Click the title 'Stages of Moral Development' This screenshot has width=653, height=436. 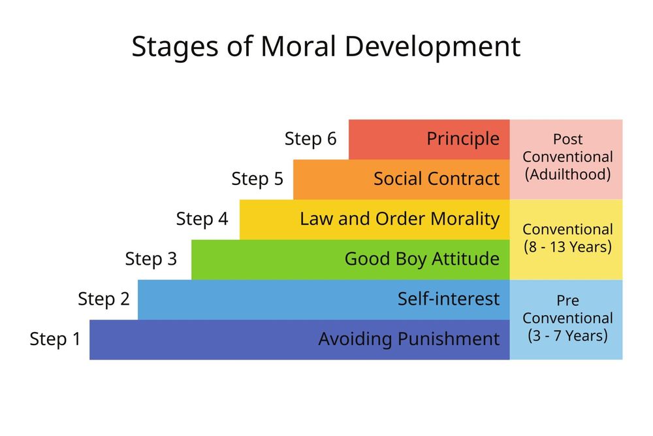[x=326, y=47]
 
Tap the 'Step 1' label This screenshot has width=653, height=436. [x=56, y=339]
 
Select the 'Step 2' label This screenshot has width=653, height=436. [x=104, y=299]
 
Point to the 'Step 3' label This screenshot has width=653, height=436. [x=151, y=260]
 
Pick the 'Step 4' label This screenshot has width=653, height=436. [x=202, y=219]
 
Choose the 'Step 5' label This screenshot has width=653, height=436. [x=257, y=179]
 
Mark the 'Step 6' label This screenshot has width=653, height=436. [x=311, y=139]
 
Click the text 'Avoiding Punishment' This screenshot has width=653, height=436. [x=409, y=339]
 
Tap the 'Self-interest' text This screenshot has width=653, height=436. [x=449, y=299]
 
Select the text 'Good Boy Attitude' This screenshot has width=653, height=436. [x=422, y=260]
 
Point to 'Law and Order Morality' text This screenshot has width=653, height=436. [x=400, y=219]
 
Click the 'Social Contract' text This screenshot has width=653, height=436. [x=436, y=179]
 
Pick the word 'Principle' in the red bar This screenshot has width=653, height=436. [x=463, y=139]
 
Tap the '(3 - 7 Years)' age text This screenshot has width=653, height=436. [x=567, y=336]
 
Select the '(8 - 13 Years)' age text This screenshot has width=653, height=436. [x=567, y=247]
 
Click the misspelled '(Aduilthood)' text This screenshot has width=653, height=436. [x=567, y=175]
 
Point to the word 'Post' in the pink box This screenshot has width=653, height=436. [x=567, y=139]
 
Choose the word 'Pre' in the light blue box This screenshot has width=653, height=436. [x=567, y=301]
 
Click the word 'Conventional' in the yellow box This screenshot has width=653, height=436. [x=567, y=229]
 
